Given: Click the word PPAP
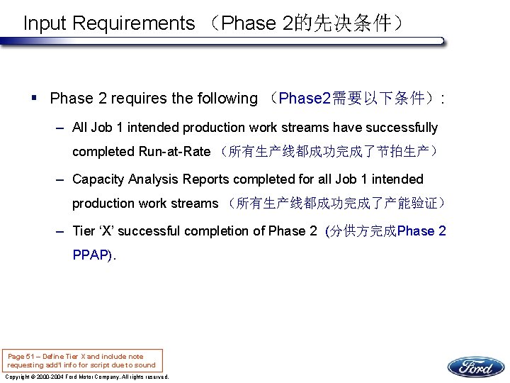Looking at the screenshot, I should coord(91,255).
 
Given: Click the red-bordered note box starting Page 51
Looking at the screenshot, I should coord(82,360).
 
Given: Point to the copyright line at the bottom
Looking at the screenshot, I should coord(86,377).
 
